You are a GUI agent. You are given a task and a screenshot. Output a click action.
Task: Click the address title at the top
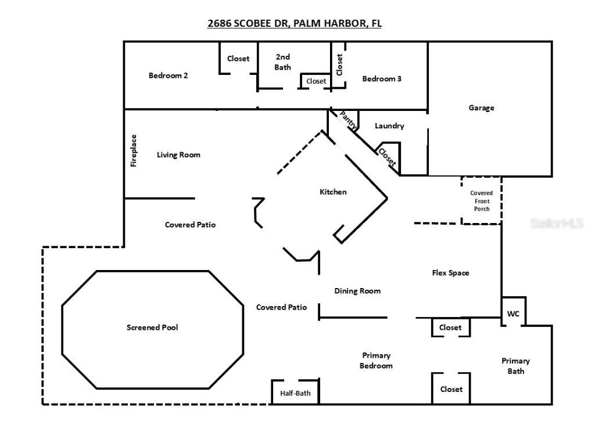coord(295,23)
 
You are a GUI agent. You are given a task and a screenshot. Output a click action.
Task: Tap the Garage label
coord(481,107)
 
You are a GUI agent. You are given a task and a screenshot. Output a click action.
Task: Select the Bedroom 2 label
coord(168,75)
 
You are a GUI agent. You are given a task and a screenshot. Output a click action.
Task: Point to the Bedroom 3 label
coord(382,78)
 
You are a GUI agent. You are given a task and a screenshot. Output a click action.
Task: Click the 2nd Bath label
coord(283,62)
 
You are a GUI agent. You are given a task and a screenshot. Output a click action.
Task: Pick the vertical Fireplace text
coord(134,151)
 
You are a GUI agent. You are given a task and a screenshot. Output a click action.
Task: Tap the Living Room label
coord(178,154)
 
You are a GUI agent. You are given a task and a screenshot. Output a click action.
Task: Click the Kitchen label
coord(333,192)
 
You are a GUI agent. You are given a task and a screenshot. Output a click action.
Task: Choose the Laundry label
coord(389,125)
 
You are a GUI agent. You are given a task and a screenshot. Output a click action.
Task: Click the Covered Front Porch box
coord(481,201)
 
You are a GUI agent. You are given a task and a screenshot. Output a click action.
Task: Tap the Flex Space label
coord(450,272)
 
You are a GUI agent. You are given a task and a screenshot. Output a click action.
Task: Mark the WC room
coord(513,314)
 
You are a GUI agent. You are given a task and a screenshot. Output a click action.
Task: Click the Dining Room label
coord(357,291)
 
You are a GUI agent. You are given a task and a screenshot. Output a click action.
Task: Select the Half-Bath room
coord(295,393)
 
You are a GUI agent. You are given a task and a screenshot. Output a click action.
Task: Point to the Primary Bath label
coord(515,366)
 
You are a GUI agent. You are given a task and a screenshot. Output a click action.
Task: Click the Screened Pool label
coord(152,328)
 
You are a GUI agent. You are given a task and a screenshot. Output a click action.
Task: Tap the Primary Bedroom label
coord(376,361)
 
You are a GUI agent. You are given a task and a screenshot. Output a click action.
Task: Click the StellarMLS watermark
coord(557,223)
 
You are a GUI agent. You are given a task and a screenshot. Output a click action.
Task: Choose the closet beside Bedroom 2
coord(238,58)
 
